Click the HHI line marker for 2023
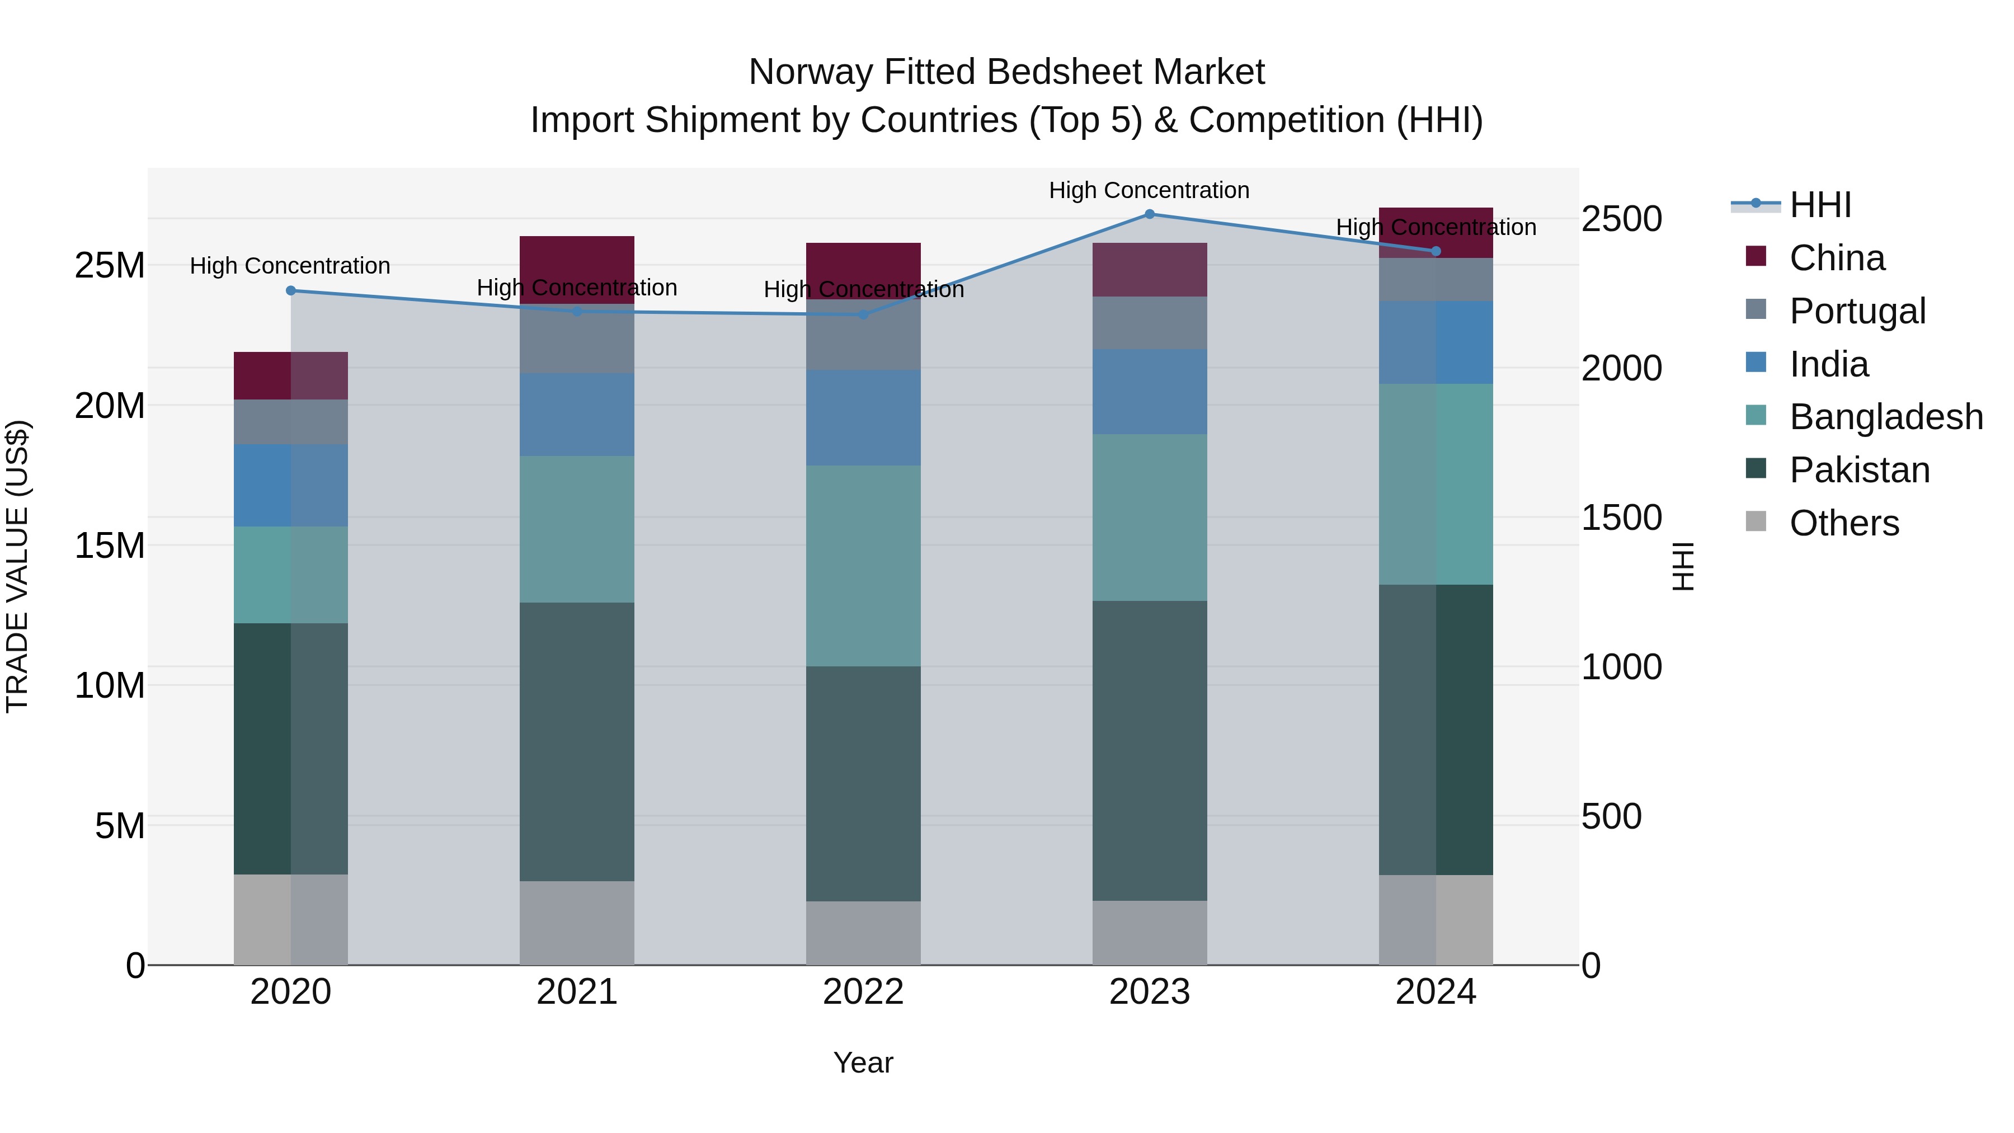(1149, 214)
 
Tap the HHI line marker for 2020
(291, 291)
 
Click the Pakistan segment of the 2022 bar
(863, 783)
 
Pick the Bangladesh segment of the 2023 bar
(1149, 518)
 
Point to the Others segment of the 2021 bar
(577, 923)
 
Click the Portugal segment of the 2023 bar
(1149, 323)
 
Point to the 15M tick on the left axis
(110, 546)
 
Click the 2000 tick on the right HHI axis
(1621, 368)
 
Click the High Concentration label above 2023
(1149, 190)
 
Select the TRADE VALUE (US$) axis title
(17, 566)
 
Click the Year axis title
(863, 1063)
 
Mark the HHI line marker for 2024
(1436, 251)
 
